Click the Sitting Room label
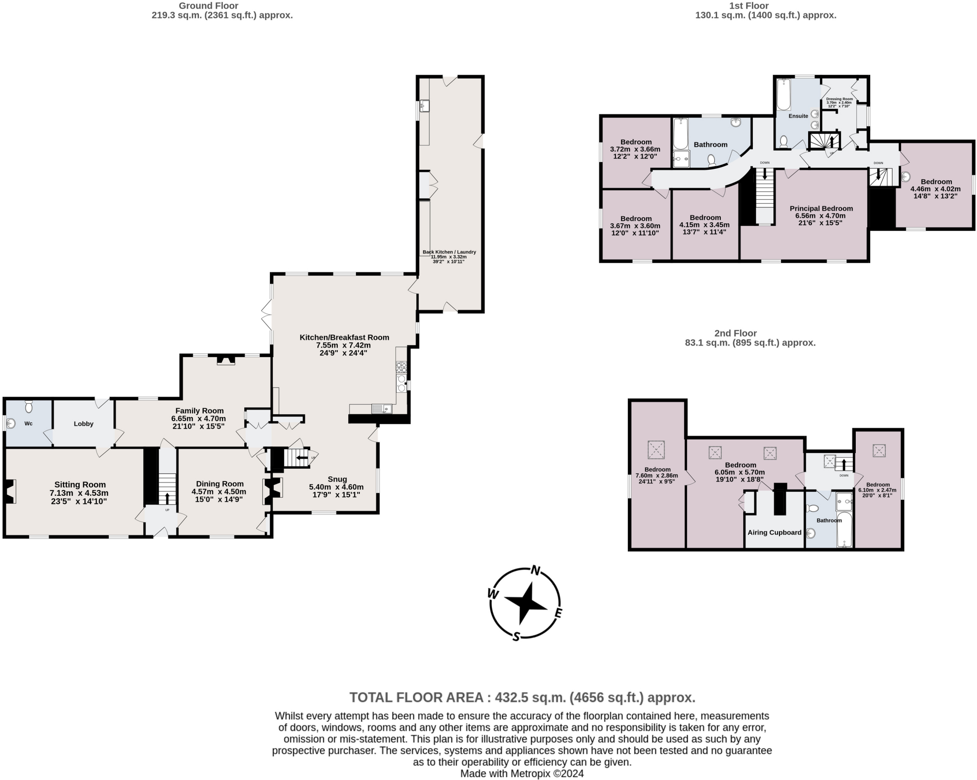pos(80,484)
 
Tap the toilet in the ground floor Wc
pos(29,407)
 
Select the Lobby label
pos(83,423)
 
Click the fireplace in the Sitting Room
pos(10,492)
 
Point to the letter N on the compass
pos(536,571)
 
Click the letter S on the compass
pos(516,636)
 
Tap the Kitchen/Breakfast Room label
pos(344,337)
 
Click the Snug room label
pos(337,479)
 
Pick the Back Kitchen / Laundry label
pos(449,252)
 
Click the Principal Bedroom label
pos(821,208)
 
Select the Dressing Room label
pos(839,99)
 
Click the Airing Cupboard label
pos(774,532)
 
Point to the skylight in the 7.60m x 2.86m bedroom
pos(656,449)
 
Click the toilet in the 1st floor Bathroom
pos(712,159)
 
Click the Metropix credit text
pos(522,773)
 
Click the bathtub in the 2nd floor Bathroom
pos(844,529)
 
